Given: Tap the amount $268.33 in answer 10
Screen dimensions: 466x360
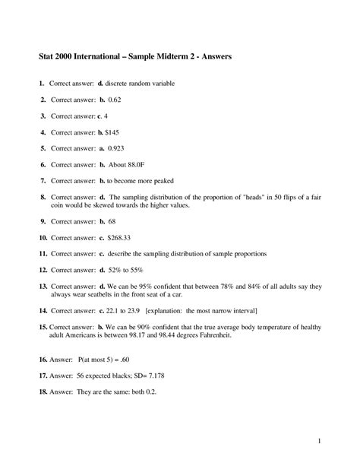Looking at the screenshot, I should point(124,237).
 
